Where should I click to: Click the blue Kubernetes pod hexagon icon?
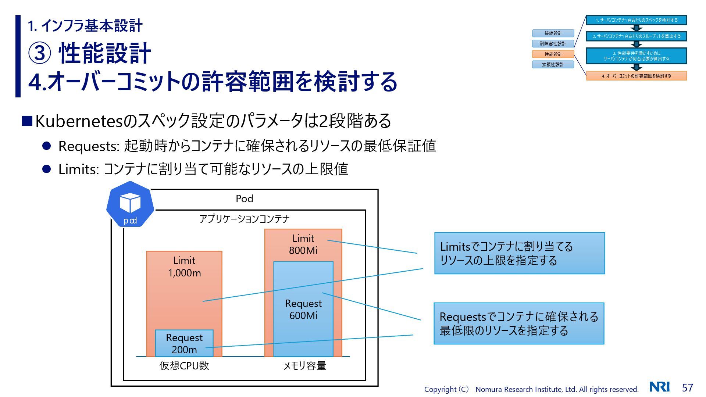[x=130, y=204]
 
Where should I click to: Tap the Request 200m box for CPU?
[x=184, y=343]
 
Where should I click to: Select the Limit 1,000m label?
[x=184, y=267]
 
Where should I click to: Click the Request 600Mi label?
[x=303, y=310]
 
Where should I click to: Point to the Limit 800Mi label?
[x=303, y=244]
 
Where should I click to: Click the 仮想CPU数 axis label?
[x=184, y=366]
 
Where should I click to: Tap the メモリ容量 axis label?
[x=304, y=366]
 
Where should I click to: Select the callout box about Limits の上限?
[x=520, y=253]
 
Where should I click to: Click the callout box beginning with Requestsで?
[x=519, y=323]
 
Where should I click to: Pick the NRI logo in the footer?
[x=660, y=387]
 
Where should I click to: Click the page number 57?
[x=687, y=387]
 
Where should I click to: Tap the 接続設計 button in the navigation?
[x=553, y=33]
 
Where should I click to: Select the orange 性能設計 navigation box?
[x=553, y=54]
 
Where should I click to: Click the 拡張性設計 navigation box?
[x=553, y=65]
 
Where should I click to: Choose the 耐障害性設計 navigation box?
[x=553, y=44]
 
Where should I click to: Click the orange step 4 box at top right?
[x=636, y=76]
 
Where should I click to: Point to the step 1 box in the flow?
[x=636, y=20]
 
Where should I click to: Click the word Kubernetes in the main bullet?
[x=78, y=121]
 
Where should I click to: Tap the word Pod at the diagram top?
[x=245, y=199]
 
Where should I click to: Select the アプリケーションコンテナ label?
[x=245, y=219]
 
